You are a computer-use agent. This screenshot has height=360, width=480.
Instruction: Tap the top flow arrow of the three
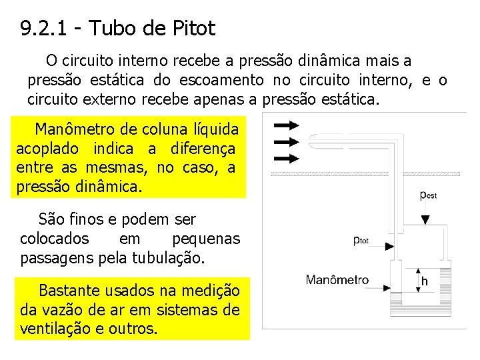click(x=286, y=125)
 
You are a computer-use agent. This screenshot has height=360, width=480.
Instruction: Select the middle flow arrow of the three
click(x=286, y=141)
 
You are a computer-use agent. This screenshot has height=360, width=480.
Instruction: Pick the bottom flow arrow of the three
click(x=286, y=157)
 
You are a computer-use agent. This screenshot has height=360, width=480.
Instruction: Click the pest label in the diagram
click(x=428, y=195)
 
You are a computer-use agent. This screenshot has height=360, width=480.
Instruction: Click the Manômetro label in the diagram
click(x=337, y=280)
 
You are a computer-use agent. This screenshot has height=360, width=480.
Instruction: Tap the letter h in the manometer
click(x=424, y=281)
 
